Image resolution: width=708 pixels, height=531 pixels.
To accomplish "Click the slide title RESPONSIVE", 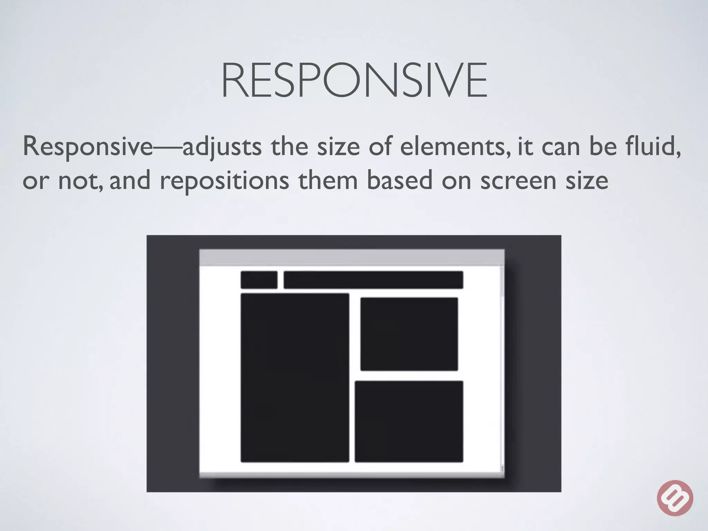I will click(354, 81).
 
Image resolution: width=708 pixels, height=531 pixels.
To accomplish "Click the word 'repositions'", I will click(224, 181).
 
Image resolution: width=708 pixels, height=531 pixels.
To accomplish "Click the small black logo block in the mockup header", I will click(259, 280).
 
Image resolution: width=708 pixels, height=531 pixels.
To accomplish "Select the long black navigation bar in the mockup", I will click(373, 280).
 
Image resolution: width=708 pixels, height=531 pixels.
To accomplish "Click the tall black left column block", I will click(295, 378).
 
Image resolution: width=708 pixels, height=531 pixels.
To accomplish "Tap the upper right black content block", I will click(409, 334).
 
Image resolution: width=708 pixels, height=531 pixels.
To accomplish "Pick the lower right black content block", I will click(409, 421).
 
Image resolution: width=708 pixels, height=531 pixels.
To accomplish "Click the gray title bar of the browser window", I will click(352, 257).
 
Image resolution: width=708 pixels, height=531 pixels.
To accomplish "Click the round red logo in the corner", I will click(675, 498).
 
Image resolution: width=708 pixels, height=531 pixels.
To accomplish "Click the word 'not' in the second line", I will click(80, 181).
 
